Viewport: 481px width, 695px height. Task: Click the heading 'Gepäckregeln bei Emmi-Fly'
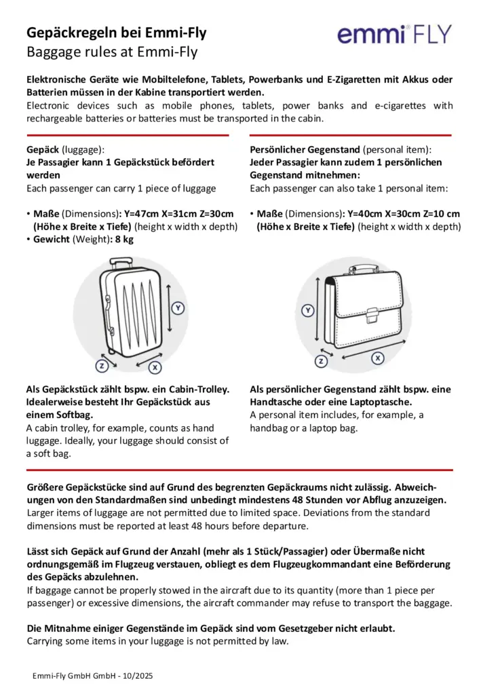pyautogui.click(x=116, y=33)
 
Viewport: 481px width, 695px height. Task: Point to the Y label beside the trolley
pyautogui.click(x=178, y=308)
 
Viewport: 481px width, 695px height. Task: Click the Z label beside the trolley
pyautogui.click(x=102, y=366)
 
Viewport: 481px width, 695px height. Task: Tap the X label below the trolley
pyautogui.click(x=155, y=367)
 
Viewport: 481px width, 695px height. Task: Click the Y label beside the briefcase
pyautogui.click(x=308, y=311)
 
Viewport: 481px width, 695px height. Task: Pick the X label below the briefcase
pyautogui.click(x=378, y=357)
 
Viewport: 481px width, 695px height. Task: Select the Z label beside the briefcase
pyautogui.click(x=322, y=362)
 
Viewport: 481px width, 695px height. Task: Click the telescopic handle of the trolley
pyautogui.click(x=121, y=261)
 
